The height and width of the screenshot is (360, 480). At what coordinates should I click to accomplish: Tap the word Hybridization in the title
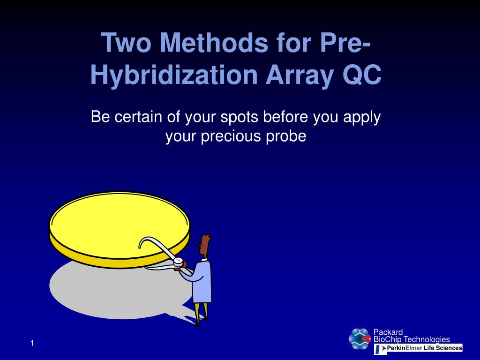(x=174, y=75)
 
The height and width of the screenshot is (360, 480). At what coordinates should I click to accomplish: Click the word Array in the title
(x=300, y=76)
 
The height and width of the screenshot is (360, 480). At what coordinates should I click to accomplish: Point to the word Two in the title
(x=126, y=43)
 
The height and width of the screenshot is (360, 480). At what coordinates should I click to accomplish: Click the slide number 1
(x=32, y=343)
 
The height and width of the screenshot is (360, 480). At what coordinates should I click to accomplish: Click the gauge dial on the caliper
(x=178, y=261)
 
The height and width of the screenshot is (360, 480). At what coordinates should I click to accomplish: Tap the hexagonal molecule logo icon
(x=360, y=339)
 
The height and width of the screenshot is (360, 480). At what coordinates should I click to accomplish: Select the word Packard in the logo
(x=388, y=332)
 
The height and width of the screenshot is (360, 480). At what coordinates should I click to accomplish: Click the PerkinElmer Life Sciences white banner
(x=418, y=348)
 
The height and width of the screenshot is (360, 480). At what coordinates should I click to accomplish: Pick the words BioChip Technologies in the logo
(x=412, y=339)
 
